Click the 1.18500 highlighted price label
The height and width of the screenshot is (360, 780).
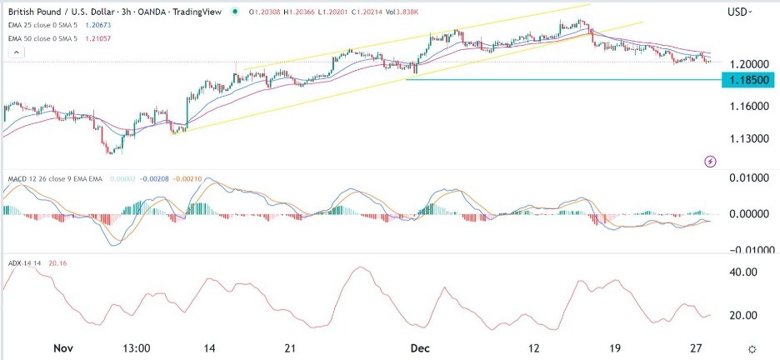tap(747, 80)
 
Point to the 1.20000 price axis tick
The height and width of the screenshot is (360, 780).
tap(747, 63)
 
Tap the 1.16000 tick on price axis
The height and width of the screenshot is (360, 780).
tap(747, 107)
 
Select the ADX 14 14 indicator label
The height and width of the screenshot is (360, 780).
tap(22, 263)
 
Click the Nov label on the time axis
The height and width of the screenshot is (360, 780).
tap(59, 347)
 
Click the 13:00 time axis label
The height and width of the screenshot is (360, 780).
tap(135, 347)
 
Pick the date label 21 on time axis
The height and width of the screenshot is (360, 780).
tap(291, 347)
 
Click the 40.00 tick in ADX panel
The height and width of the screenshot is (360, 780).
tap(742, 272)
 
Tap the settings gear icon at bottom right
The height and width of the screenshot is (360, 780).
tap(752, 348)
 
